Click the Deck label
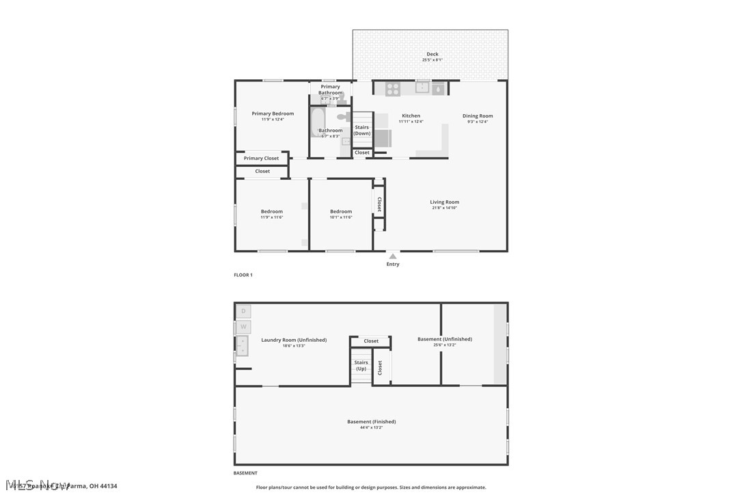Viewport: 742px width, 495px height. (432, 54)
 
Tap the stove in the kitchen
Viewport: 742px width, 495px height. (392, 88)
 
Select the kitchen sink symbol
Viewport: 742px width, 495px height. (422, 88)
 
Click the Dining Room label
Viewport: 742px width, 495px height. (477, 116)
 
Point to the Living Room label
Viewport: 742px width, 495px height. (444, 202)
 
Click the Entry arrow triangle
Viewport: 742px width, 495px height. (393, 256)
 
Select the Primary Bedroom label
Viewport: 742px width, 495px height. (273, 114)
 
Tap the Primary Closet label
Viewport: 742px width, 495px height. (261, 159)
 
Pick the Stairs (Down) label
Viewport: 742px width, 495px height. (361, 130)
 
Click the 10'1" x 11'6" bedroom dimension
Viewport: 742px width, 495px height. (340, 217)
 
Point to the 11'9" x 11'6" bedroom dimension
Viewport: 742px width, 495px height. (271, 217)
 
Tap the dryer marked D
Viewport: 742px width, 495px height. (244, 312)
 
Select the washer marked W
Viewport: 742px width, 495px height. (244, 327)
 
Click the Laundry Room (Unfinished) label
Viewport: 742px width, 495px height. (294, 340)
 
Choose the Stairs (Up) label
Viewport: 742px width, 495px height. (361, 366)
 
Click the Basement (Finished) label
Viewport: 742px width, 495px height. (371, 422)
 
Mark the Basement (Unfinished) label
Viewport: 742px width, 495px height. (444, 339)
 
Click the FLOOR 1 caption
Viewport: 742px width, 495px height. (243, 275)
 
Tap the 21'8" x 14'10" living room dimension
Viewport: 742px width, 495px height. (444, 208)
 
